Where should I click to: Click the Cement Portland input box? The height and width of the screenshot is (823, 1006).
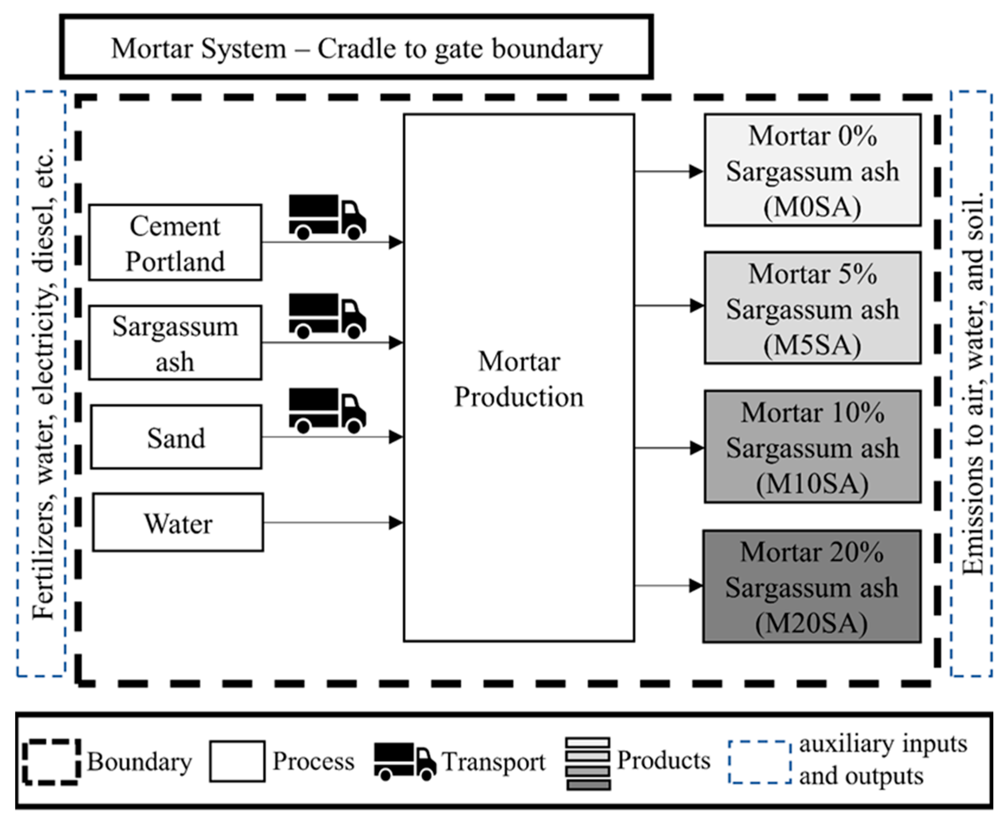coord(175,243)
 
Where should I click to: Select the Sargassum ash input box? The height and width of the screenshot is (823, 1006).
coord(175,343)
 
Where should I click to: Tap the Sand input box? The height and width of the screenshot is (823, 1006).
coord(176,437)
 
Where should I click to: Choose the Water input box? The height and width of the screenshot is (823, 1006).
coord(178,523)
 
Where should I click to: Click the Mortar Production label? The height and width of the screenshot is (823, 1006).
coord(519,379)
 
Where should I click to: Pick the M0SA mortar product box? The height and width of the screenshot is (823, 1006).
coord(812,170)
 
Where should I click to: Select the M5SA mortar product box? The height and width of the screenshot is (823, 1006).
coord(812,308)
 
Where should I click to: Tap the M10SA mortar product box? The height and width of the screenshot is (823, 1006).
coord(812,447)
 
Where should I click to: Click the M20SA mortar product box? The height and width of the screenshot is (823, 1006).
coord(812,586)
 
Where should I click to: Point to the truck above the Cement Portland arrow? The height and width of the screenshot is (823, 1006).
coord(327,217)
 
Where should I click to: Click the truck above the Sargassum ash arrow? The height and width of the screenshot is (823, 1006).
coord(327,316)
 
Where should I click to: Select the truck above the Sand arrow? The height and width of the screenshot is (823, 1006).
coord(327,411)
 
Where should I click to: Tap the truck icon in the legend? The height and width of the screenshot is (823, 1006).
coord(405,762)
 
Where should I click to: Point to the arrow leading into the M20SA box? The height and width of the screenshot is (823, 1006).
coord(668,586)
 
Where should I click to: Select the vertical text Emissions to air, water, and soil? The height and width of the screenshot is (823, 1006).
coord(972,384)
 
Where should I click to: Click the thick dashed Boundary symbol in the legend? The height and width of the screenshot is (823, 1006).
coord(51,762)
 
